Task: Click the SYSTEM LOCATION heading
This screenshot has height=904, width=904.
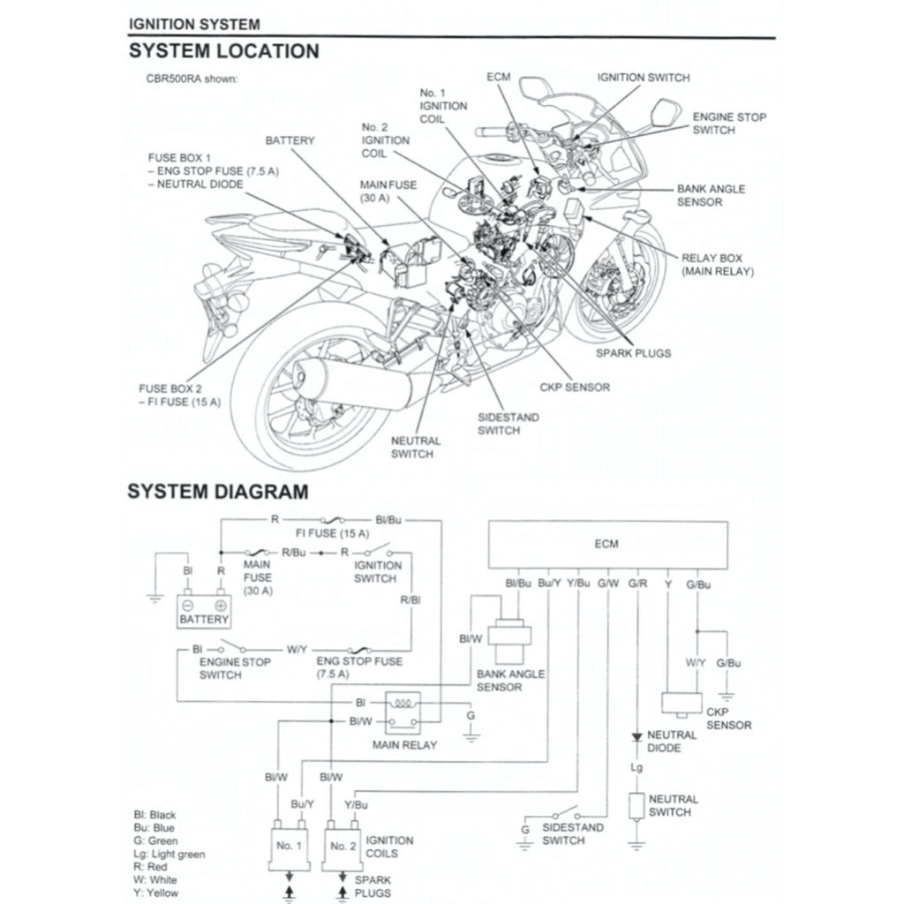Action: pos(223,51)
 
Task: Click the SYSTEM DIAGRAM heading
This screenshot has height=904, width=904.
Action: pos(218,491)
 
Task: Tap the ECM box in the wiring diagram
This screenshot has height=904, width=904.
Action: pos(607,544)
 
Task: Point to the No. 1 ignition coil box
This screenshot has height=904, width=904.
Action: pos(290,846)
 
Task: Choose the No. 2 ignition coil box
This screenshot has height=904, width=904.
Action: pos(343,846)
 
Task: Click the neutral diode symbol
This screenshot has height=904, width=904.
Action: pos(636,735)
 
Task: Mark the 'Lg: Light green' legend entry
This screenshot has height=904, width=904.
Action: pos(167,854)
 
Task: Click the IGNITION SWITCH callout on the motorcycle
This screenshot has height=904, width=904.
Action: pos(643,78)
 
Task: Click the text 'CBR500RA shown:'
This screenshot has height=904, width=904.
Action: pos(192,79)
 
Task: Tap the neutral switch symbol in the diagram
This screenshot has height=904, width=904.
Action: pos(636,806)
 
